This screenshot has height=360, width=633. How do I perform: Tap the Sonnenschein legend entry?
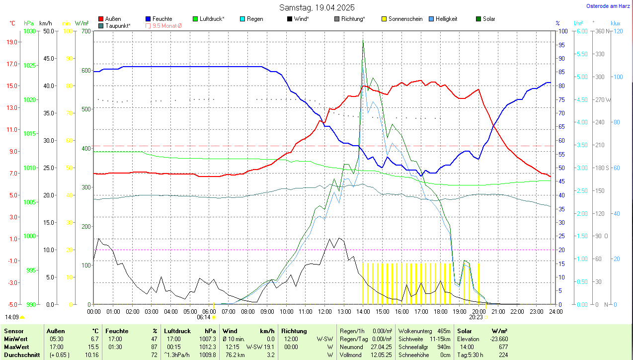(401, 19)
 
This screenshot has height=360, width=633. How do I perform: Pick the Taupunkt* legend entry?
(118, 25)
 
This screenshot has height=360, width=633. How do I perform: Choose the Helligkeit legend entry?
(446, 19)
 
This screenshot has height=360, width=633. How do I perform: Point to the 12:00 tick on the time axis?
(324, 311)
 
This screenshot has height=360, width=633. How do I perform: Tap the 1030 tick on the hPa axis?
(30, 31)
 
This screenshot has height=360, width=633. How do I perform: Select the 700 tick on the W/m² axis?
(85, 31)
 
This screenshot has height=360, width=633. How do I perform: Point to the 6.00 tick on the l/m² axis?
(580, 31)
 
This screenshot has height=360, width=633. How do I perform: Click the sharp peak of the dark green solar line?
(363, 40)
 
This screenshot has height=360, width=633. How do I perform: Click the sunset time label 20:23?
(476, 317)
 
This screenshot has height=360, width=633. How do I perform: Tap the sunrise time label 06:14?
(204, 317)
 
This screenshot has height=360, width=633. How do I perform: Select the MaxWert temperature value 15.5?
(92, 347)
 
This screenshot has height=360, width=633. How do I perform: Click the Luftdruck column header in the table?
(177, 331)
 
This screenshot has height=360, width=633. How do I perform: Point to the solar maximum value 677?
(503, 347)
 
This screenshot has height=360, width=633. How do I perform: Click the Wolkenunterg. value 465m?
(443, 331)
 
